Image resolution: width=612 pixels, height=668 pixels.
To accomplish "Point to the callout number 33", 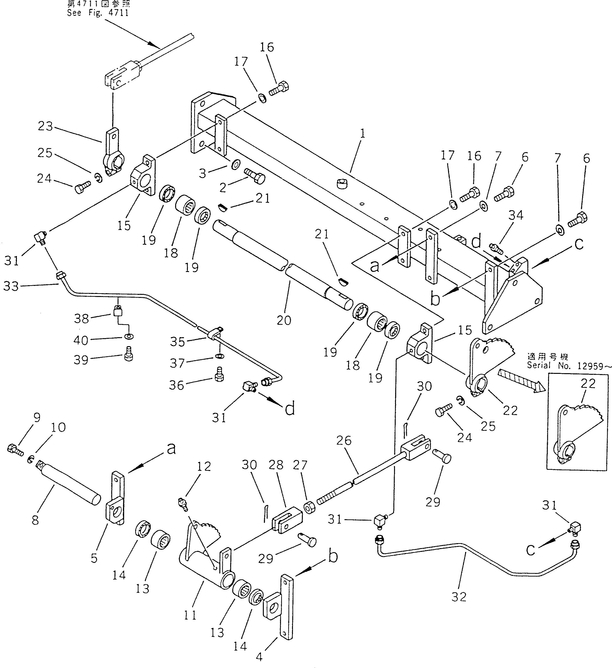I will pyautogui.click(x=11, y=286).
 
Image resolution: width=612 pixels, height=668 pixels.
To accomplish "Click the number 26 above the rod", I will pyautogui.click(x=344, y=441).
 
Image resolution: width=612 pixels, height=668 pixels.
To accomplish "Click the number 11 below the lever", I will pyautogui.click(x=190, y=615).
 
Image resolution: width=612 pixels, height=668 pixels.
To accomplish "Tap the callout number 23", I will pyautogui.click(x=45, y=126).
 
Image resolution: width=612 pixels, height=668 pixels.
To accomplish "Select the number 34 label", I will pyautogui.click(x=516, y=215).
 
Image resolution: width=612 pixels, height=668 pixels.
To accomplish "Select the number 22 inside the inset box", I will pyautogui.click(x=588, y=383).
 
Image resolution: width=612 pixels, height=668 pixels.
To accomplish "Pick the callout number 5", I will pyautogui.click(x=95, y=558).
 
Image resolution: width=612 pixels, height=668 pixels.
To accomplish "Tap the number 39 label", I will pyautogui.click(x=81, y=360).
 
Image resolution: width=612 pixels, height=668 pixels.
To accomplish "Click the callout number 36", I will pyautogui.click(x=176, y=385).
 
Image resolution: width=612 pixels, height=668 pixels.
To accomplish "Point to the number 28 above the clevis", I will pyautogui.click(x=276, y=465).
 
